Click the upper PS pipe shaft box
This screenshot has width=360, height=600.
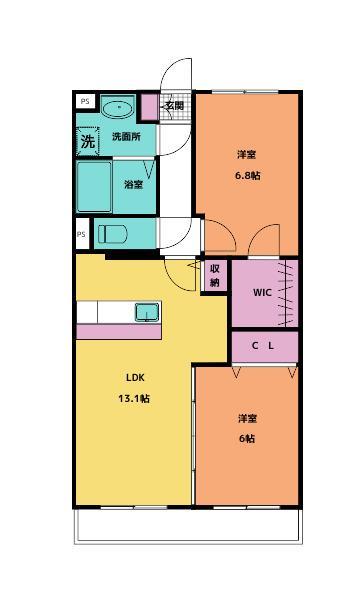[x=83, y=102]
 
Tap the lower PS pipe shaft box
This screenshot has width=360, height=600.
[x=81, y=235]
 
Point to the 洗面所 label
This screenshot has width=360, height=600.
[x=126, y=136]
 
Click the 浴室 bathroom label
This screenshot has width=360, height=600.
[x=133, y=184]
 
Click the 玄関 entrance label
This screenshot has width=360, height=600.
[x=174, y=104]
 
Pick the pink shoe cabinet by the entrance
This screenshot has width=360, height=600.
[x=148, y=107]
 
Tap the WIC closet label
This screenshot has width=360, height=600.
[x=261, y=293]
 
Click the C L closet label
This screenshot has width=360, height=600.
[x=263, y=345]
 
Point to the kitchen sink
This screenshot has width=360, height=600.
[x=147, y=312]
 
